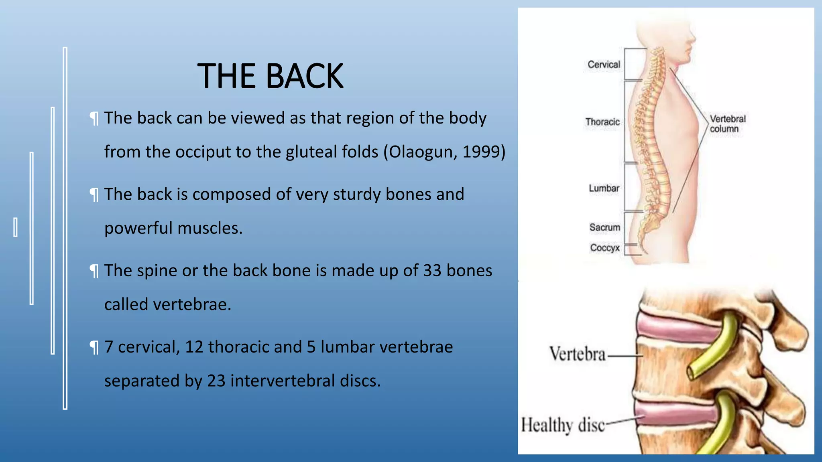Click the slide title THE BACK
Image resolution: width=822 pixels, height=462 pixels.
point(270,76)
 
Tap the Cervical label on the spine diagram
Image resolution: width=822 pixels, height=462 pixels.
point(604,65)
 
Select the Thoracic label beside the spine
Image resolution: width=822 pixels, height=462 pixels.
point(602,122)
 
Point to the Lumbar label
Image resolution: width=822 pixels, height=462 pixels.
point(604,188)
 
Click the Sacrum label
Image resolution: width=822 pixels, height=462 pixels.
point(604,227)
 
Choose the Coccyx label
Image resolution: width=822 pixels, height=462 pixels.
point(604,248)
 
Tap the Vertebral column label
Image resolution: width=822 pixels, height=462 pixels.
point(727,124)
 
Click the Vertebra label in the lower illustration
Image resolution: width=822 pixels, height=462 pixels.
point(577,355)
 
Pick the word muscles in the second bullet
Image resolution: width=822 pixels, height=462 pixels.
point(210,228)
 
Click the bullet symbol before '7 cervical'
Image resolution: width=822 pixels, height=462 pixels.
point(94,348)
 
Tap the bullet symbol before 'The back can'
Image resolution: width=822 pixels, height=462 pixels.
point(94,119)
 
